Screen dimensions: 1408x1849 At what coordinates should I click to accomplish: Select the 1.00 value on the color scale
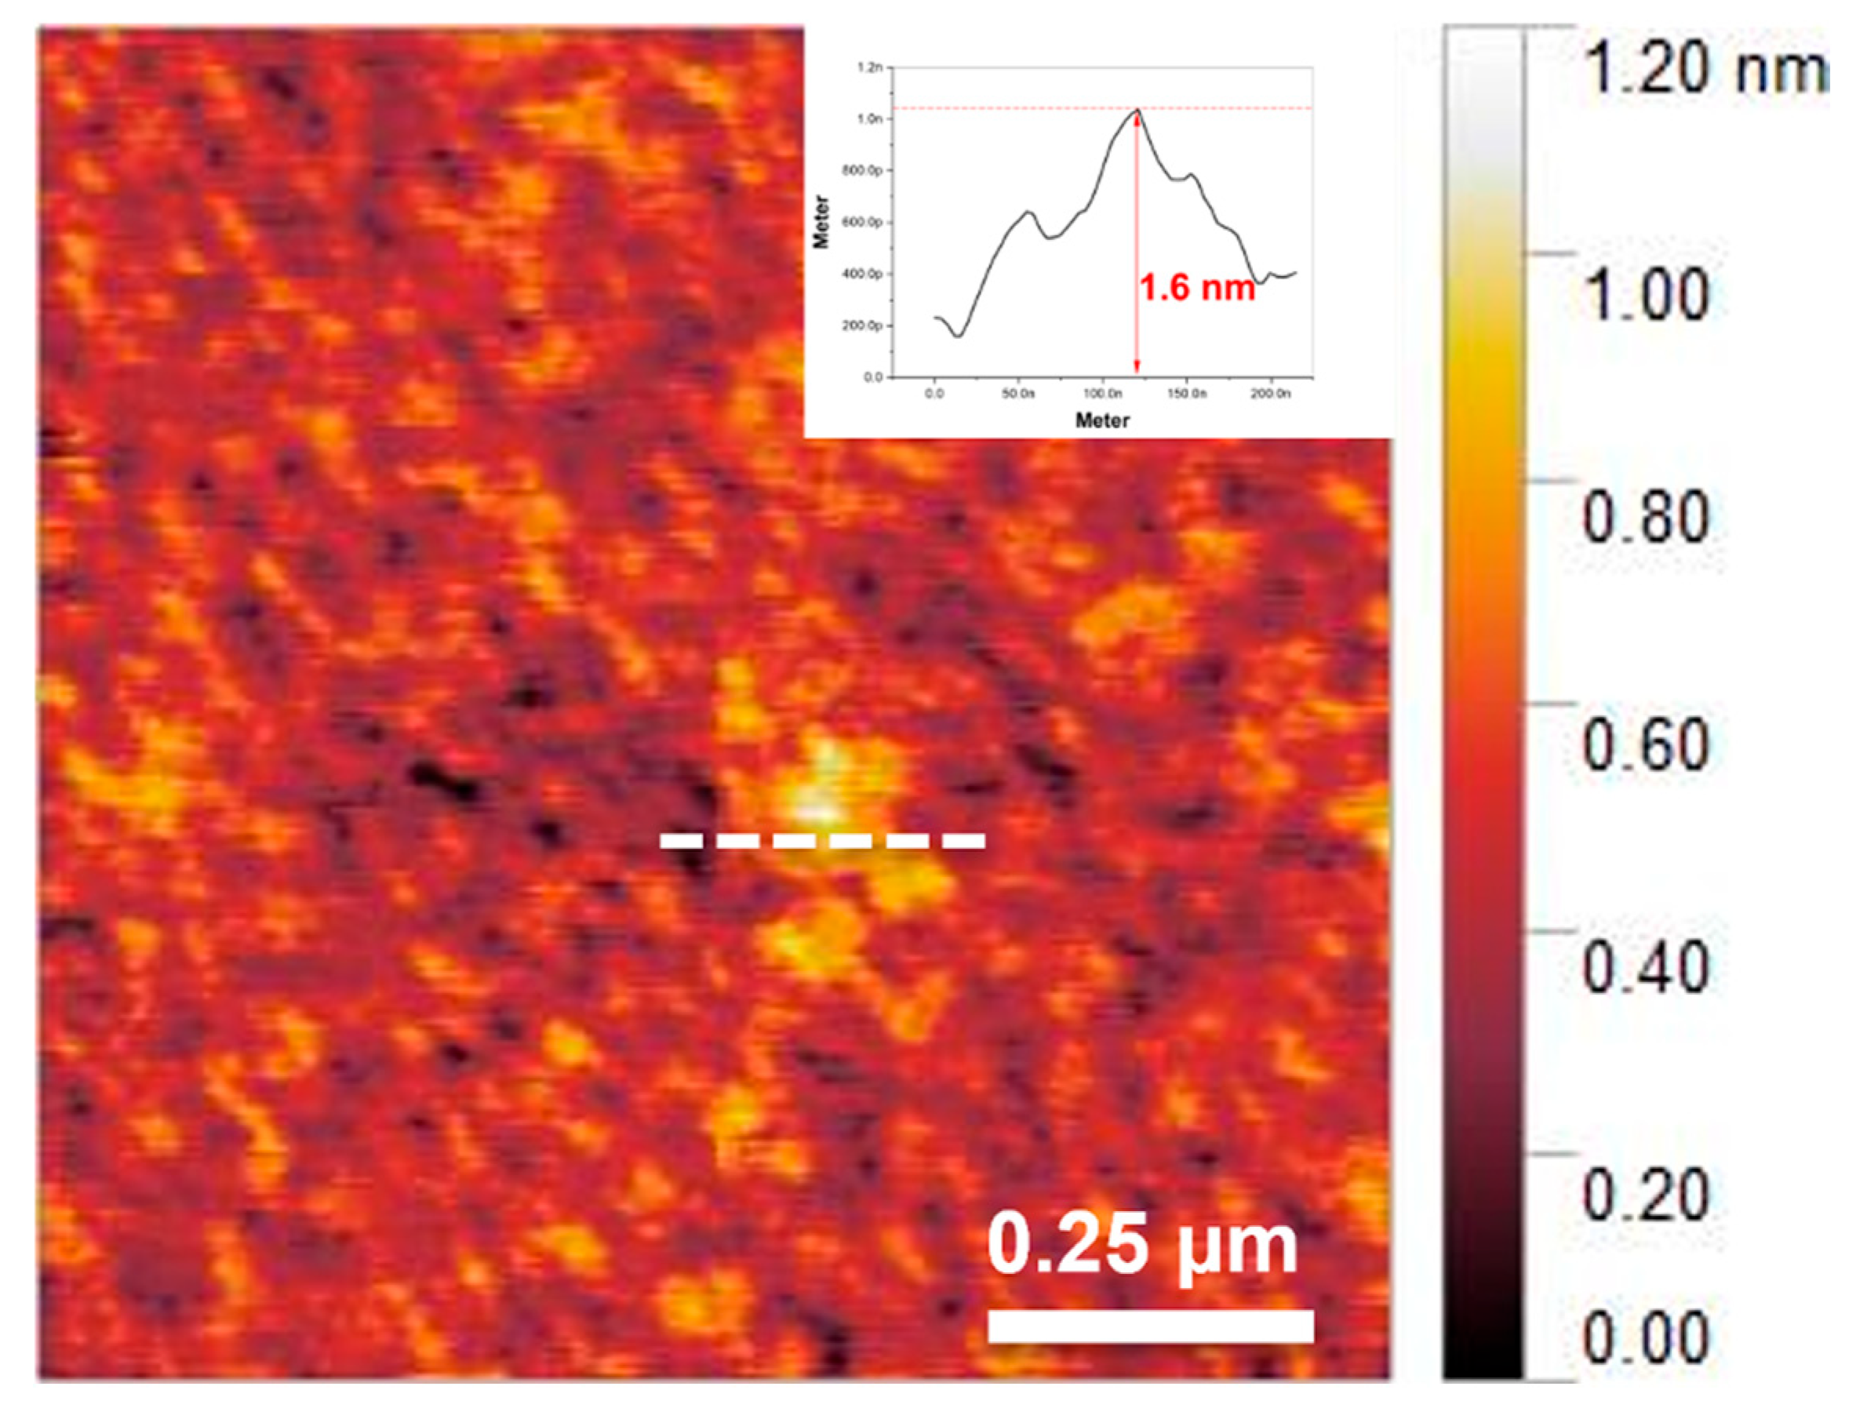(x=1645, y=295)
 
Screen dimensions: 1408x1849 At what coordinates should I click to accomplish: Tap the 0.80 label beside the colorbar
(x=1645, y=518)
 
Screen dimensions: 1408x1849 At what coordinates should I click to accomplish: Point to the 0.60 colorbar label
(x=1645, y=744)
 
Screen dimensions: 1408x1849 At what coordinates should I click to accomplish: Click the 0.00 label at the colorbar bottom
(x=1645, y=1337)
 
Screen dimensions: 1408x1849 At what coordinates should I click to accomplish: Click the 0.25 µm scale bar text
(x=1141, y=1246)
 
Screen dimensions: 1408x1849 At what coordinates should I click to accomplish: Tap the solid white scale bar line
(x=1150, y=1326)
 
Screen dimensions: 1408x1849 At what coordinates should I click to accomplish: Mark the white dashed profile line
(x=822, y=841)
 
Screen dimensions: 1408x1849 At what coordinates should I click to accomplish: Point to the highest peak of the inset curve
(x=1137, y=110)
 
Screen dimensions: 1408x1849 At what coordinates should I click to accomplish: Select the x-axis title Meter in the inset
(x=1102, y=420)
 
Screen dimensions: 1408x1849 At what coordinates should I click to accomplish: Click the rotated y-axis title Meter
(x=821, y=222)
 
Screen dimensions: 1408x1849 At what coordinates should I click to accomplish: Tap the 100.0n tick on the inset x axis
(x=1102, y=394)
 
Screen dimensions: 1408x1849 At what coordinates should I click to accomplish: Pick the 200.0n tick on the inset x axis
(x=1270, y=394)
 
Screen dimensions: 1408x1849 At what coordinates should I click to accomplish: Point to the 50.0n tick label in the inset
(x=1017, y=394)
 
